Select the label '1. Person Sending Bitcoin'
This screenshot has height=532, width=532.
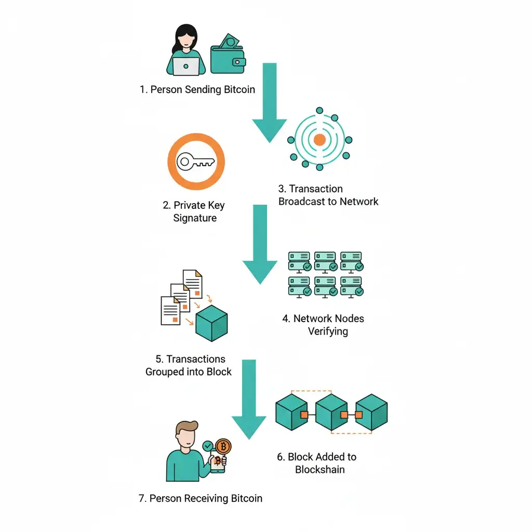click(197, 89)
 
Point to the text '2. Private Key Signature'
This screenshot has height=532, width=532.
click(194, 211)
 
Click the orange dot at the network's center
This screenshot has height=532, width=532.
click(320, 139)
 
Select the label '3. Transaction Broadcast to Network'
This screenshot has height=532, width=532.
click(328, 195)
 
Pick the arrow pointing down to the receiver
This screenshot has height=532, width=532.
click(249, 397)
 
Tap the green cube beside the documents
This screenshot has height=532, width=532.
click(211, 323)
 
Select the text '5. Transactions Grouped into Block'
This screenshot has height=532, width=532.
click(188, 365)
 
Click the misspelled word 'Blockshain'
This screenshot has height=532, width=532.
click(320, 470)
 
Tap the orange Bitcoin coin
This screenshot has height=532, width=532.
click(223, 446)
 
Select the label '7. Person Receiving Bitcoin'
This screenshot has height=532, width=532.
click(200, 498)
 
